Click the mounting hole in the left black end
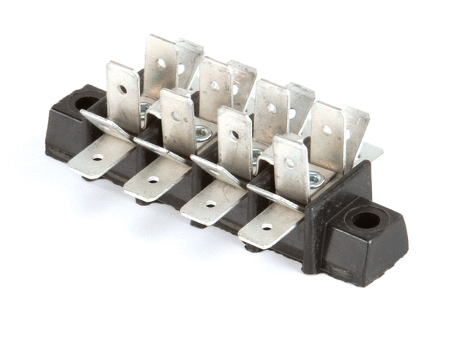point(86,103)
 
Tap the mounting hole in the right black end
point(366,220)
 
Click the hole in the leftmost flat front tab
point(97,158)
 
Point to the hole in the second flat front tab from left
point(153,180)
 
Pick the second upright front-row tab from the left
point(178,120)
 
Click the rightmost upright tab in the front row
point(291,166)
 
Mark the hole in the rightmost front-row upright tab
point(289,162)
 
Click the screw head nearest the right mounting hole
point(316,178)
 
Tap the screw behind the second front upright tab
point(201,133)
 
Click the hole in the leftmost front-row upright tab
point(122,89)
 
